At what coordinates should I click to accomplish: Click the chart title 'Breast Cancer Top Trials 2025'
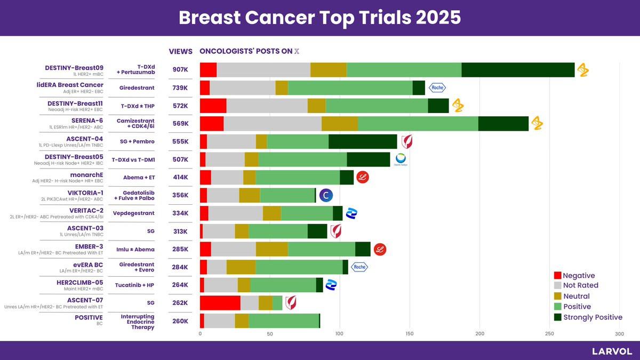319,18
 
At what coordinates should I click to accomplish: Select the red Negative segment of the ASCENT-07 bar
220,303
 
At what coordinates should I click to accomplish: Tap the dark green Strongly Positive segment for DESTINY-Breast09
518,70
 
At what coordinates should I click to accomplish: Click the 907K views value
180,70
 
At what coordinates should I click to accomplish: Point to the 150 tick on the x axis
410,334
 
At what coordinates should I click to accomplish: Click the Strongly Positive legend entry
587,317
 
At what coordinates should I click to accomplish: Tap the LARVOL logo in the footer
612,351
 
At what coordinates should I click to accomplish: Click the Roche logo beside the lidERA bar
437,87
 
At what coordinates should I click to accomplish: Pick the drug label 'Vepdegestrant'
134,213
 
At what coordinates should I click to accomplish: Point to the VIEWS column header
180,52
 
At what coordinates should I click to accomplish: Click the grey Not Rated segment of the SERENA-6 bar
273,124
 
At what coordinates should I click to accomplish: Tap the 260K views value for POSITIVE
180,321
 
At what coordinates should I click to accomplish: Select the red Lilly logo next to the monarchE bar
364,178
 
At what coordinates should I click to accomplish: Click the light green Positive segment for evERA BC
299,267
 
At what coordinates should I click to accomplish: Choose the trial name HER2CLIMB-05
79,282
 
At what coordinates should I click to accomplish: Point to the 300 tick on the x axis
619,334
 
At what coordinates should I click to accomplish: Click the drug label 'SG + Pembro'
135,141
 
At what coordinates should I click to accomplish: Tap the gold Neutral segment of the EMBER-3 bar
271,249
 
